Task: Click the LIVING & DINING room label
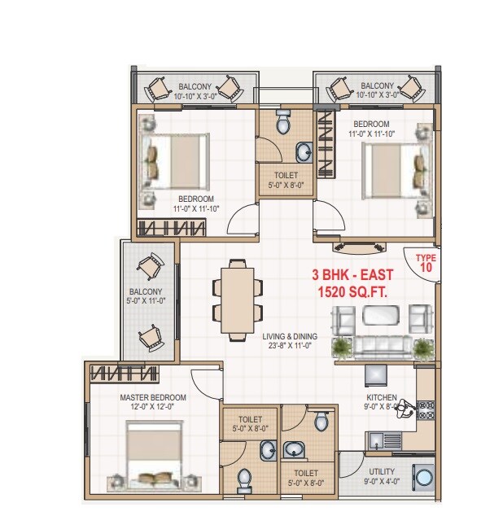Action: point(290,335)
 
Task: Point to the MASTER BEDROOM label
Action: point(153,398)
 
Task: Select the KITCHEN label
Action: point(381,398)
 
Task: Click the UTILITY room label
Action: point(383,472)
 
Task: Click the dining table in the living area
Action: point(238,299)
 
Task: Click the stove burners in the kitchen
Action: point(426,410)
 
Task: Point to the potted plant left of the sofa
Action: point(341,348)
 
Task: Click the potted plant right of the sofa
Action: point(422,348)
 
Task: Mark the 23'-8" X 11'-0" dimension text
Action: point(290,345)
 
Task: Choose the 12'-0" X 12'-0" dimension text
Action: point(153,408)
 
